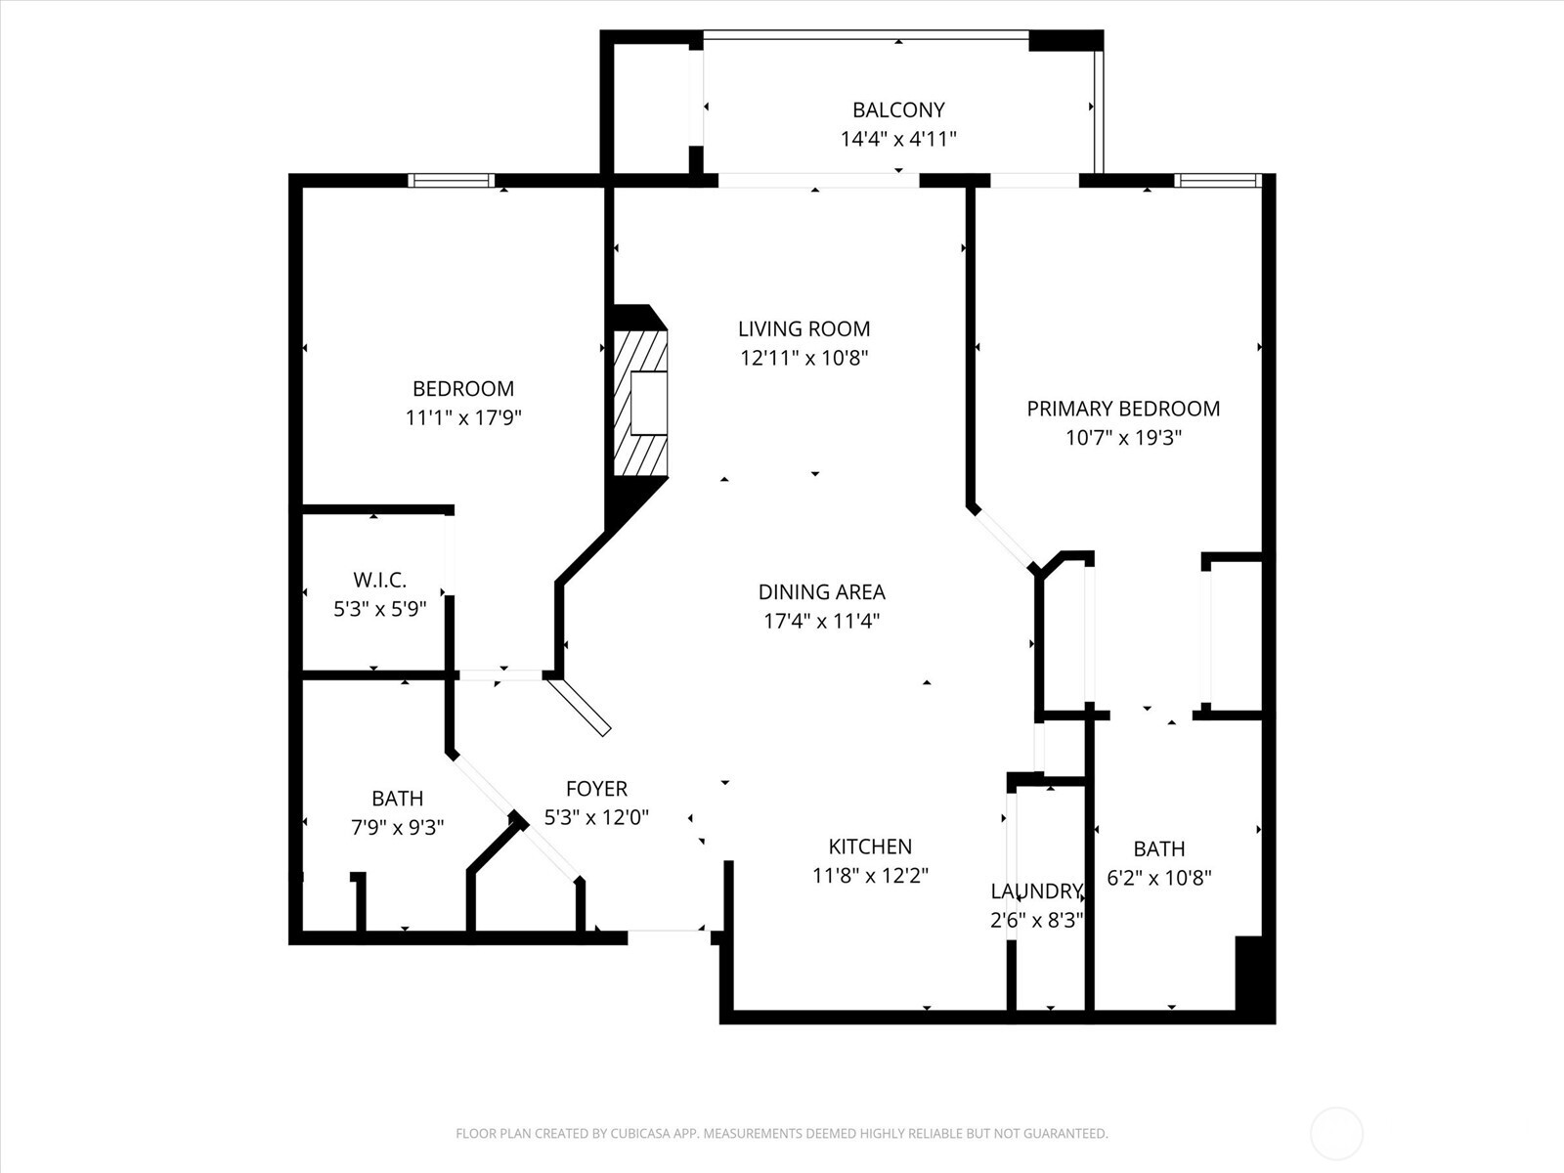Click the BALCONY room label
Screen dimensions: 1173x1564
point(898,109)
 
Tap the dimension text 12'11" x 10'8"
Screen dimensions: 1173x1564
point(804,358)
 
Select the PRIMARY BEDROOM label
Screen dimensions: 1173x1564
point(1123,409)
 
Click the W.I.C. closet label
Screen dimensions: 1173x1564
point(379,581)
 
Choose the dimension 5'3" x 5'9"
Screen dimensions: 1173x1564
point(379,609)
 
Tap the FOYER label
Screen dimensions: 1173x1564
point(596,788)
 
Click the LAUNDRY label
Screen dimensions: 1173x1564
point(1036,891)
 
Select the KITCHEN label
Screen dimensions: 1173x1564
point(870,847)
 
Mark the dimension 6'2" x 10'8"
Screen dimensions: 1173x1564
point(1158,878)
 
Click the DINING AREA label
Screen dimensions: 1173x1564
point(821,591)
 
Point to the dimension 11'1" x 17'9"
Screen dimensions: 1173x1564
point(463,417)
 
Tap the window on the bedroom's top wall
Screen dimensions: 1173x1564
point(451,180)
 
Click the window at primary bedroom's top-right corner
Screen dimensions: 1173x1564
point(1217,180)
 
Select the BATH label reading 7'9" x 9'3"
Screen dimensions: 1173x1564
point(397,799)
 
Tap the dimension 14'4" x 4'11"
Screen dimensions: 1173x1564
point(898,139)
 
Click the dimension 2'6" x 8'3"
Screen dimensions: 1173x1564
point(1036,920)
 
